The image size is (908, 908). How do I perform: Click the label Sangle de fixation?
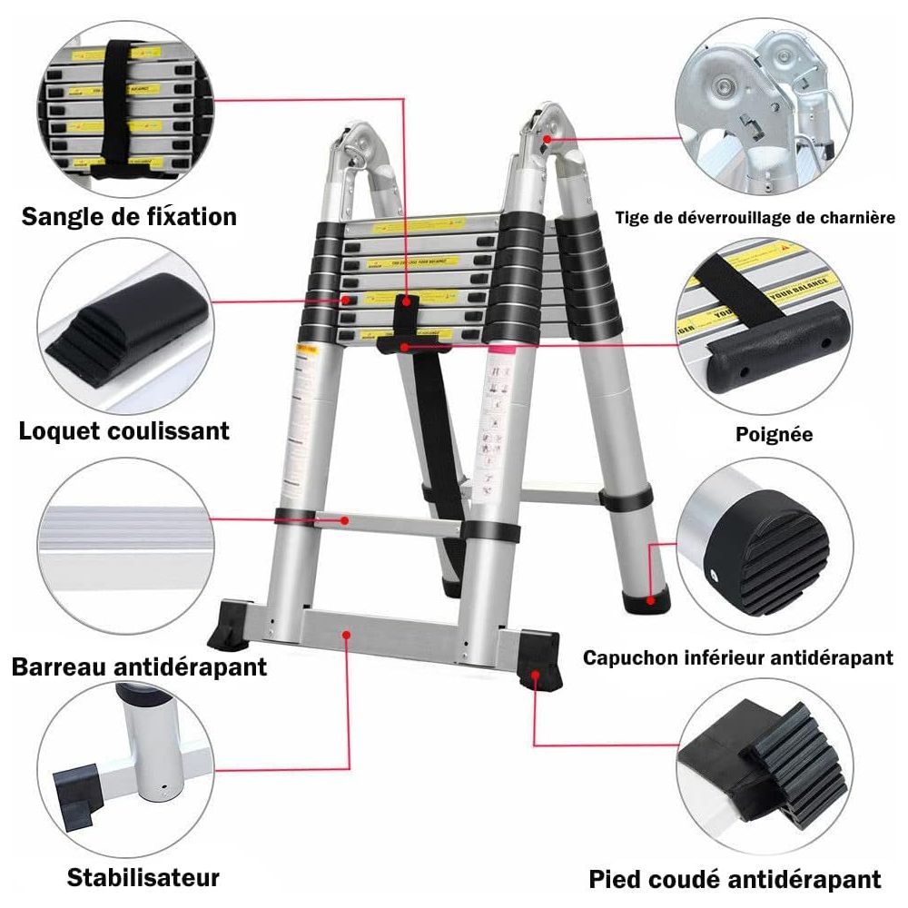pos(129,217)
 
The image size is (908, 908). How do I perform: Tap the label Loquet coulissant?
pos(124,430)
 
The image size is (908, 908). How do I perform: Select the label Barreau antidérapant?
pos(139,667)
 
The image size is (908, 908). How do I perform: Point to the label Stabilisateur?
pos(143,878)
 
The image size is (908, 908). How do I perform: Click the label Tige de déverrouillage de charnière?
pos(755,218)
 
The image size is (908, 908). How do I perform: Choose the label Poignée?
pos(774,435)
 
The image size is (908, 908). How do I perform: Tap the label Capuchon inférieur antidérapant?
pos(737,657)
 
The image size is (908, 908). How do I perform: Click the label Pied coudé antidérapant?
pos(735,879)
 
